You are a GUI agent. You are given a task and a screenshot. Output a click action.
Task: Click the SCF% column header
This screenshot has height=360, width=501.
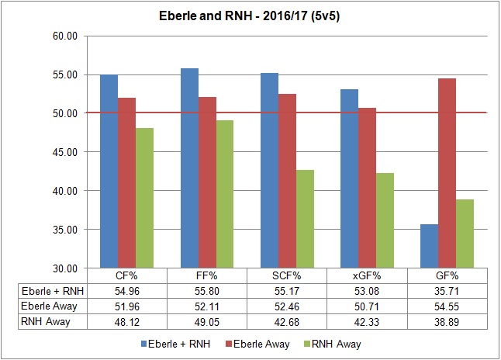[287, 275]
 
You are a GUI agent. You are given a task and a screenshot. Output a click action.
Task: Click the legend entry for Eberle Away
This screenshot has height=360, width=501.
[261, 343]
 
